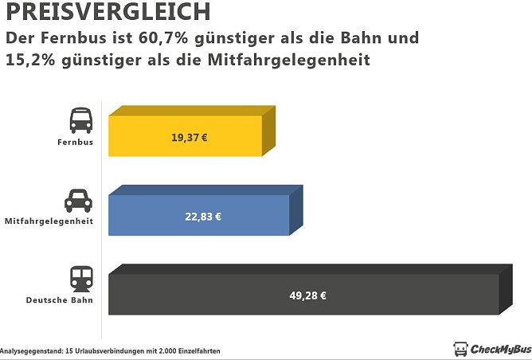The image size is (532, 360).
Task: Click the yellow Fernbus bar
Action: pyautogui.click(x=185, y=135)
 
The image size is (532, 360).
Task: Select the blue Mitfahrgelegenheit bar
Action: pyautogui.click(x=199, y=215)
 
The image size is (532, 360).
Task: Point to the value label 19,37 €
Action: pyautogui.click(x=190, y=137)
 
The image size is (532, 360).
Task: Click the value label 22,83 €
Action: pyautogui.click(x=203, y=216)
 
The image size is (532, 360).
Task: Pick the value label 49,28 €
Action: pyautogui.click(x=307, y=295)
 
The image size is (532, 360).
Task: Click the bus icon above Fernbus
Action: pyautogui.click(x=80, y=120)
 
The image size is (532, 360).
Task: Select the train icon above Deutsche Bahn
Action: pyautogui.click(x=81, y=278)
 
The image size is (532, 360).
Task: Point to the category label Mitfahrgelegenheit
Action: pyautogui.click(x=49, y=221)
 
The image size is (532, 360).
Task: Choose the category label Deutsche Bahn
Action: pyautogui.click(x=60, y=300)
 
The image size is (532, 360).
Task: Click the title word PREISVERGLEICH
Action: pyautogui.click(x=108, y=12)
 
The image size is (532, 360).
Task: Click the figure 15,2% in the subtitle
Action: pyautogui.click(x=33, y=60)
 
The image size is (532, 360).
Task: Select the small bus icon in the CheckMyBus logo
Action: pyautogui.click(x=460, y=349)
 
